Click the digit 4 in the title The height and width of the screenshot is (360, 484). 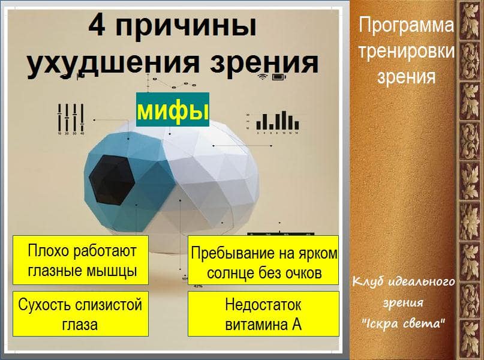click(x=98, y=25)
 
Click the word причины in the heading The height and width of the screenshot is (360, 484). click(x=186, y=27)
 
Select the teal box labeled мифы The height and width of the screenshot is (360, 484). click(x=173, y=109)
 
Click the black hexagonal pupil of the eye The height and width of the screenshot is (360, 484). click(x=112, y=180)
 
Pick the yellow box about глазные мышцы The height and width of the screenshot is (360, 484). click(x=80, y=260)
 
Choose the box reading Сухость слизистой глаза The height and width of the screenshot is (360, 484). click(x=80, y=314)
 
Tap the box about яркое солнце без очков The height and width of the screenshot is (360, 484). click(x=263, y=260)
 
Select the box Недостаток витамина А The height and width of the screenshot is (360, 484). click(x=263, y=314)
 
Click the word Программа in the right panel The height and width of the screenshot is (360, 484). click(x=406, y=25)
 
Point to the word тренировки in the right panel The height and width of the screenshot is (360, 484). click(x=407, y=51)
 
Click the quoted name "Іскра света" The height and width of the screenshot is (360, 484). click(x=404, y=323)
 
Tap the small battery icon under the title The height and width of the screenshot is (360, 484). click(x=279, y=77)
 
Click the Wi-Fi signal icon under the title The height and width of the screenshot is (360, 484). click(x=263, y=77)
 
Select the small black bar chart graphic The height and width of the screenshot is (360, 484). click(x=278, y=121)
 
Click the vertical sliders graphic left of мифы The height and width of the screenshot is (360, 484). click(x=71, y=118)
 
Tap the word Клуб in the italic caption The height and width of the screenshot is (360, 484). click(x=369, y=282)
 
